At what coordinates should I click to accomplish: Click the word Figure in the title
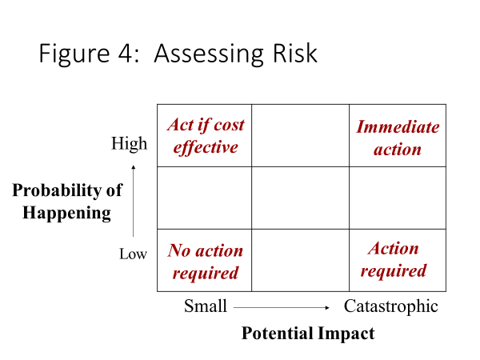74,54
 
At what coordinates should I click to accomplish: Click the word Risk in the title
294,54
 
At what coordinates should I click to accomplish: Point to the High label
129,143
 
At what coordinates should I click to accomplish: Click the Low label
133,254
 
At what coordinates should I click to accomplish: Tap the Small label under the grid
206,306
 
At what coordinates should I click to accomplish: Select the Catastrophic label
391,306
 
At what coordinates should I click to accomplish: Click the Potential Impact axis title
308,334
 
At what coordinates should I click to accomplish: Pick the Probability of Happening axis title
67,201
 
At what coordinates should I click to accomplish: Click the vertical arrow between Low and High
133,201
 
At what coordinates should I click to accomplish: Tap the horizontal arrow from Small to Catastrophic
282,307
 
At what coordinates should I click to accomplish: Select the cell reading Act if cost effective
205,136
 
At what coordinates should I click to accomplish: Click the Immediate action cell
398,136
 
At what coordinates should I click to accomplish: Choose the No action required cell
205,260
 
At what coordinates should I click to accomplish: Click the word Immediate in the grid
398,126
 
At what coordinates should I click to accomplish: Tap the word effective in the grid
206,148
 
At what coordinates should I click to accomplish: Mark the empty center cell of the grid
300,198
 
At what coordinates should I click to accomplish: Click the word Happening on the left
66,213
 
